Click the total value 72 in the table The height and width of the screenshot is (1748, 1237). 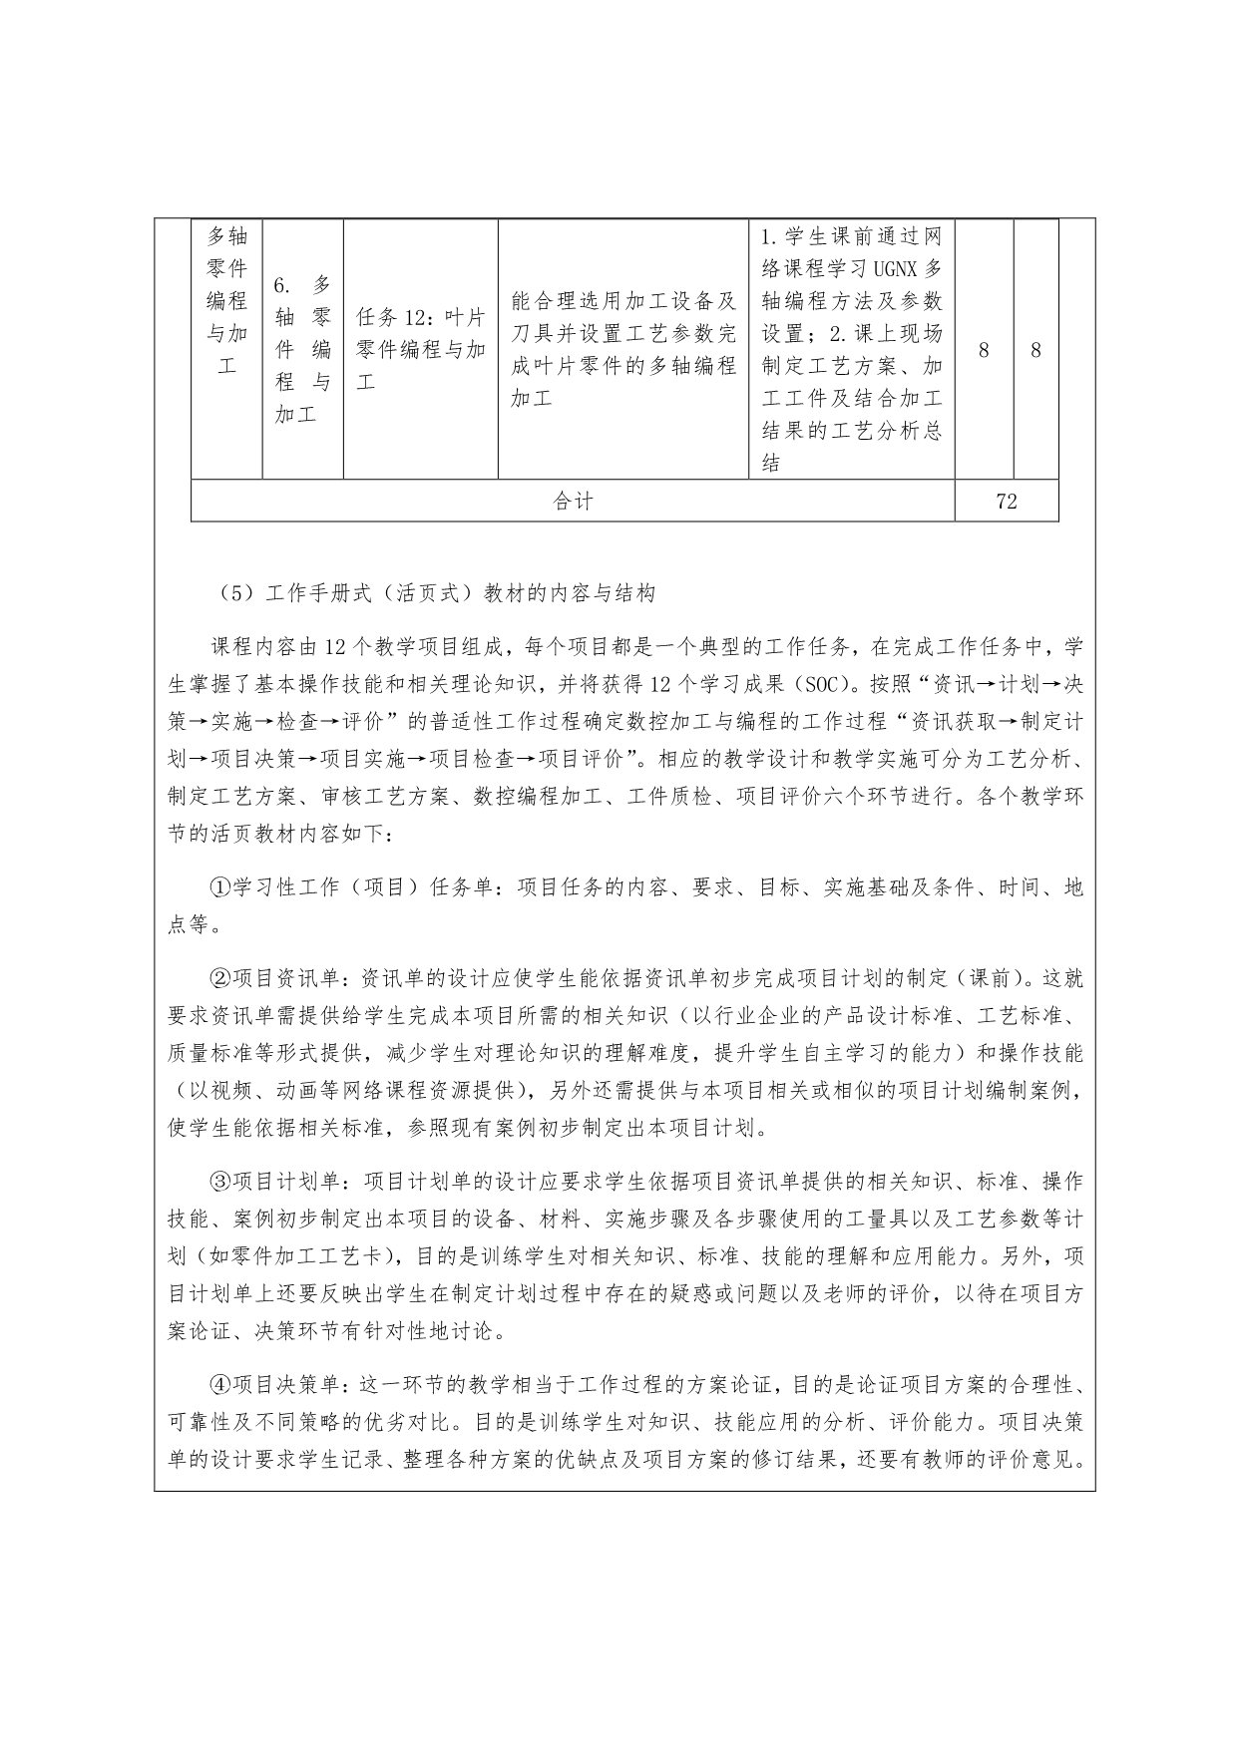tap(1006, 502)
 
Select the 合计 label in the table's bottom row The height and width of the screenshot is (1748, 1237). tap(573, 502)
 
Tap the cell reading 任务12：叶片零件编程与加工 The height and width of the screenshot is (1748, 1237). tap(420, 349)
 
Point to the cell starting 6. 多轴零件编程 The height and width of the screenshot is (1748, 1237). tap(302, 349)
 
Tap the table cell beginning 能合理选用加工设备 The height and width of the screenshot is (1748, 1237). tap(622, 349)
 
